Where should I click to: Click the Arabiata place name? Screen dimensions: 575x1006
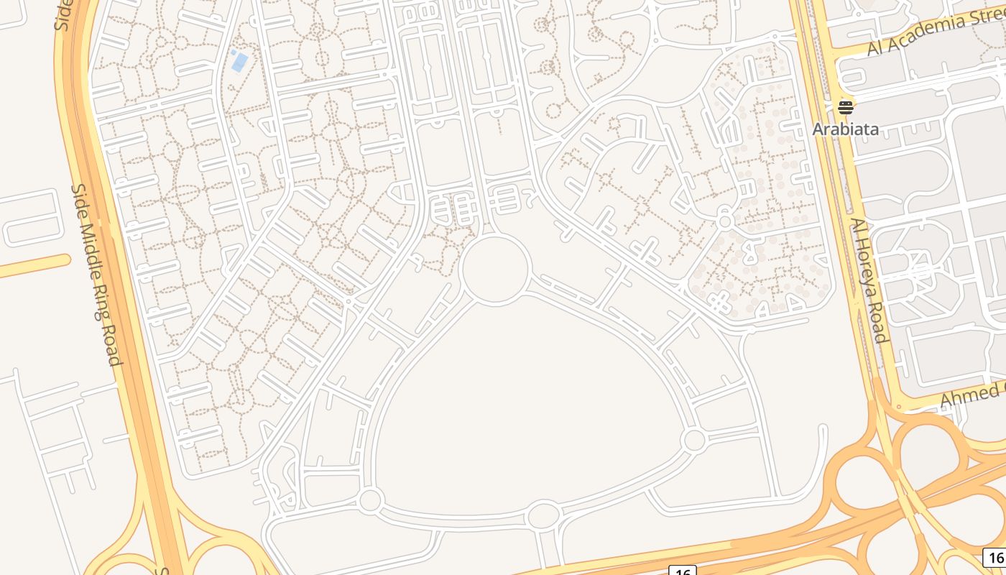(x=845, y=129)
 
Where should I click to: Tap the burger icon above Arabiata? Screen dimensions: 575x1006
(x=845, y=108)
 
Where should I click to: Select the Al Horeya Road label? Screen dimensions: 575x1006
(x=869, y=280)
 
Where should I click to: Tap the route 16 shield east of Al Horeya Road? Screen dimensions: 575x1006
(x=995, y=557)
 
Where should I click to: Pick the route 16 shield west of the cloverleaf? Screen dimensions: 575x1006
(x=682, y=571)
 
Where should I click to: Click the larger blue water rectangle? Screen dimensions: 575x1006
(x=240, y=63)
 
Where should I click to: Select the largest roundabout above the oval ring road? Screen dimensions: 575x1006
(x=496, y=268)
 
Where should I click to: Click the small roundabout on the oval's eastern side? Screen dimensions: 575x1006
(x=694, y=440)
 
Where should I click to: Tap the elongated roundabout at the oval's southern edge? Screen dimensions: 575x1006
(x=544, y=515)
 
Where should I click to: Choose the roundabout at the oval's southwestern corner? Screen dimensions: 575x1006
(x=370, y=500)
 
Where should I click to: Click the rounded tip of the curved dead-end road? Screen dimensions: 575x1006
(x=822, y=430)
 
